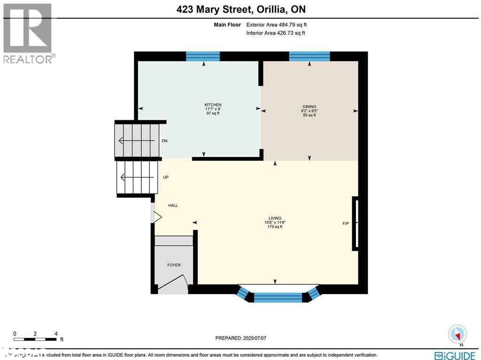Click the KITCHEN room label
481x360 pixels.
[x=213, y=105]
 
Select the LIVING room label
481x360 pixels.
[x=275, y=218]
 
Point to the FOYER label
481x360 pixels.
[x=174, y=265]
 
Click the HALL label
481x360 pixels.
[x=173, y=205]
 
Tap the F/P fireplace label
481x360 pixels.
[x=346, y=223]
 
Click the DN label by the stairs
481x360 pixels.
[x=164, y=141]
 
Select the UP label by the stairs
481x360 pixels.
[x=165, y=177]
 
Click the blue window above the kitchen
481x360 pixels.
[x=203, y=56]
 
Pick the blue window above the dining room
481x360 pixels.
[x=309, y=56]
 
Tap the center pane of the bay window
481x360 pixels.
[x=278, y=297]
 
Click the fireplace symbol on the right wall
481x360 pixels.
[x=356, y=223]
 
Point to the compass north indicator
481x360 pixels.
[x=457, y=334]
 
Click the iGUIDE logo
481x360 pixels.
[x=455, y=355]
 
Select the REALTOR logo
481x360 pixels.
[x=28, y=33]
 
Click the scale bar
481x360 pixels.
[x=36, y=339]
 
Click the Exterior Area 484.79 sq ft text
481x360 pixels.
[x=277, y=24]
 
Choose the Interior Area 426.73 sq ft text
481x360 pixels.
[x=276, y=33]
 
